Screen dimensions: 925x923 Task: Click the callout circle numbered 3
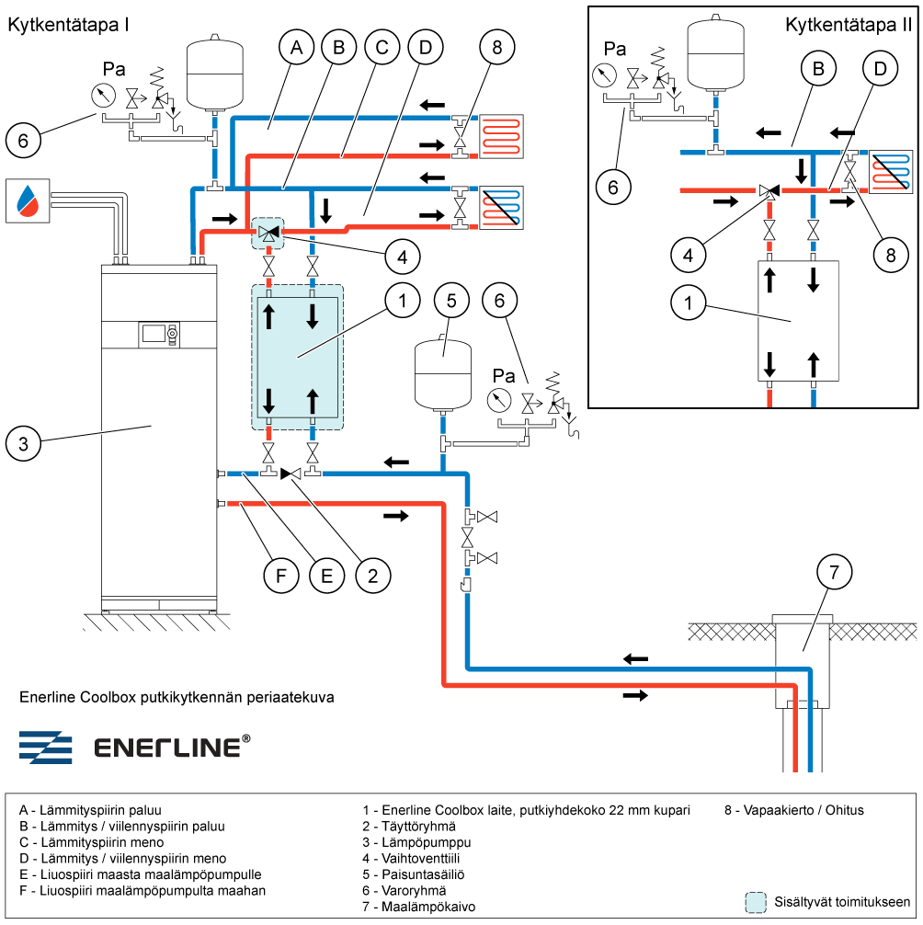point(24,443)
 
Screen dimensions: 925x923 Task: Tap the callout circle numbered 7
point(835,574)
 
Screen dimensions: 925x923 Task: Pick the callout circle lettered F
point(281,577)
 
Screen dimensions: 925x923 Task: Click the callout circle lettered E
point(326,577)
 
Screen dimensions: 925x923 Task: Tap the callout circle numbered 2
point(372,577)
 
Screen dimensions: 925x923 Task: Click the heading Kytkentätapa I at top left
point(67,25)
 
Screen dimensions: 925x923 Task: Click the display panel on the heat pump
point(154,333)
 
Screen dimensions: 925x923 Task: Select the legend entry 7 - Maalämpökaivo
point(419,907)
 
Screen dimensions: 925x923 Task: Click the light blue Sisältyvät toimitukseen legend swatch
point(756,902)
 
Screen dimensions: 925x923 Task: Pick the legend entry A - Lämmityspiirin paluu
point(90,810)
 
